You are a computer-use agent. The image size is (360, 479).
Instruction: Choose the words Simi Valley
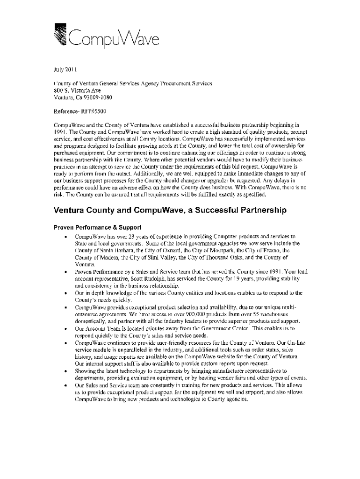(157, 258)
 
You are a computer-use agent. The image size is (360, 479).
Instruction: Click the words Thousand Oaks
(217, 258)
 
